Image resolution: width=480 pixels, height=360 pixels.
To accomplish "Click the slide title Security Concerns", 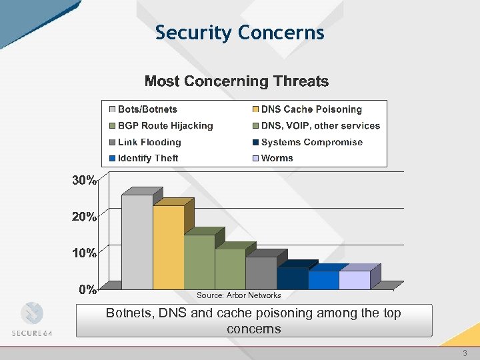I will (239, 32).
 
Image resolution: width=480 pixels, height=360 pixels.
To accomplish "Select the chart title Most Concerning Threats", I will (237, 81).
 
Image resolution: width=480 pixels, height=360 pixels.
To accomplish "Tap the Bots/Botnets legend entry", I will (147, 109).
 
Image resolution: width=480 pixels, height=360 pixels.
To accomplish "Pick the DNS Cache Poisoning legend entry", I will (311, 109).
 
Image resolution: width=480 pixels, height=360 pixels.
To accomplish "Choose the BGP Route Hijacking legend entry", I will (165, 125).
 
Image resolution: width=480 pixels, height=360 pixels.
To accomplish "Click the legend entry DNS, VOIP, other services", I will (320, 125).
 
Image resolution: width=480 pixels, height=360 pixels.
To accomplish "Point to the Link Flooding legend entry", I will (149, 142).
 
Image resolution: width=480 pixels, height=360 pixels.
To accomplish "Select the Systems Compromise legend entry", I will (311, 142).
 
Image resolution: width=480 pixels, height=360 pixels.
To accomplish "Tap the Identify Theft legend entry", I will (148, 158).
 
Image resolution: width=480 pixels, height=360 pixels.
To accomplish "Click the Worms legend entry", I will (277, 158).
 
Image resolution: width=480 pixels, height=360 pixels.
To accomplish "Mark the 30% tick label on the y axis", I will (85, 181).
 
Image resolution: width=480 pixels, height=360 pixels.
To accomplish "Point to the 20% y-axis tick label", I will (85, 217).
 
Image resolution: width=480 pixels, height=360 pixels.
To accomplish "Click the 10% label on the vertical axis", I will (85, 253).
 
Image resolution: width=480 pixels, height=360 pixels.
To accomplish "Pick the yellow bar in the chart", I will (168, 247).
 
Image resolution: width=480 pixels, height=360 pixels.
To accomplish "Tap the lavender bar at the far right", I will (354, 279).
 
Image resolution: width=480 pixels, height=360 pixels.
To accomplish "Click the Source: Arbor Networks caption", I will (239, 295).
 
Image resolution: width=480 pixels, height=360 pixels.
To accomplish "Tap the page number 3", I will (465, 353).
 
